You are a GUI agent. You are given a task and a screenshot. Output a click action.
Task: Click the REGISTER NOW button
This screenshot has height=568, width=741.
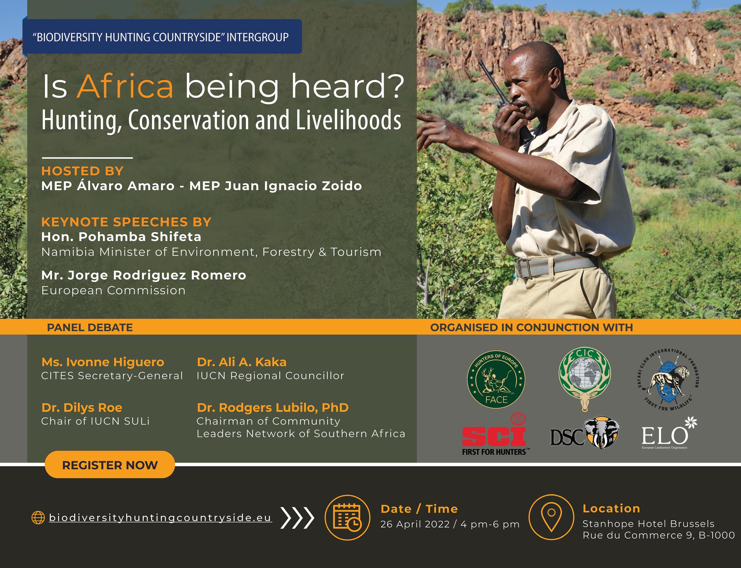(110, 464)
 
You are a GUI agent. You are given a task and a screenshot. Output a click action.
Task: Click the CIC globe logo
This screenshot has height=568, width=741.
(584, 379)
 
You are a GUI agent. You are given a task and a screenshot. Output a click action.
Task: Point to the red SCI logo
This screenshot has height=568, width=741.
(495, 434)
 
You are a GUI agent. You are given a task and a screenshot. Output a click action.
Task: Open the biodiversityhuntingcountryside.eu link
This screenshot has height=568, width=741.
(160, 518)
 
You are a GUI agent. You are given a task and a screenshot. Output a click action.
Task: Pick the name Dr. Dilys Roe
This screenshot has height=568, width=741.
(82, 408)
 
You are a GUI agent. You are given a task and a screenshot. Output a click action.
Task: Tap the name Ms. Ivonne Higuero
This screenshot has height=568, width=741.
(103, 362)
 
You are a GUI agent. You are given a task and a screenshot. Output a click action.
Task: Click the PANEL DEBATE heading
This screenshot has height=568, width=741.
(90, 327)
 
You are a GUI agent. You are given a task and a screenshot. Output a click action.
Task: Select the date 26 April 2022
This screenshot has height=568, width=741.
(415, 524)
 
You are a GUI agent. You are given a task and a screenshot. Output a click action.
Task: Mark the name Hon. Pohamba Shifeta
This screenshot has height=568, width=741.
(121, 237)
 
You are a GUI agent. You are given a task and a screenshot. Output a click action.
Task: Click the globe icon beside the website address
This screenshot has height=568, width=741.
(38, 518)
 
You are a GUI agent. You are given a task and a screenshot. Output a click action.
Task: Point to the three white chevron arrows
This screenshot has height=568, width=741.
(297, 518)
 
